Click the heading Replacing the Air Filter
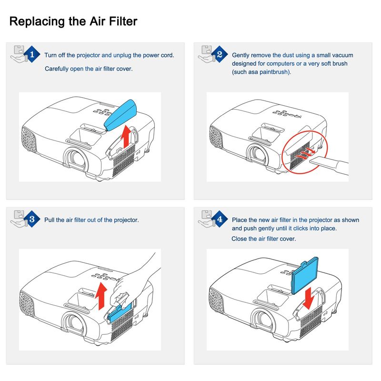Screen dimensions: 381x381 [73, 21]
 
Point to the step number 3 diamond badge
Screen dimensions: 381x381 [32, 220]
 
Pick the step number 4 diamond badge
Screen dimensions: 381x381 [220, 220]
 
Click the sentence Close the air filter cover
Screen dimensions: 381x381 [263, 239]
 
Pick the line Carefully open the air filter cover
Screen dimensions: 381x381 [88, 69]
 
